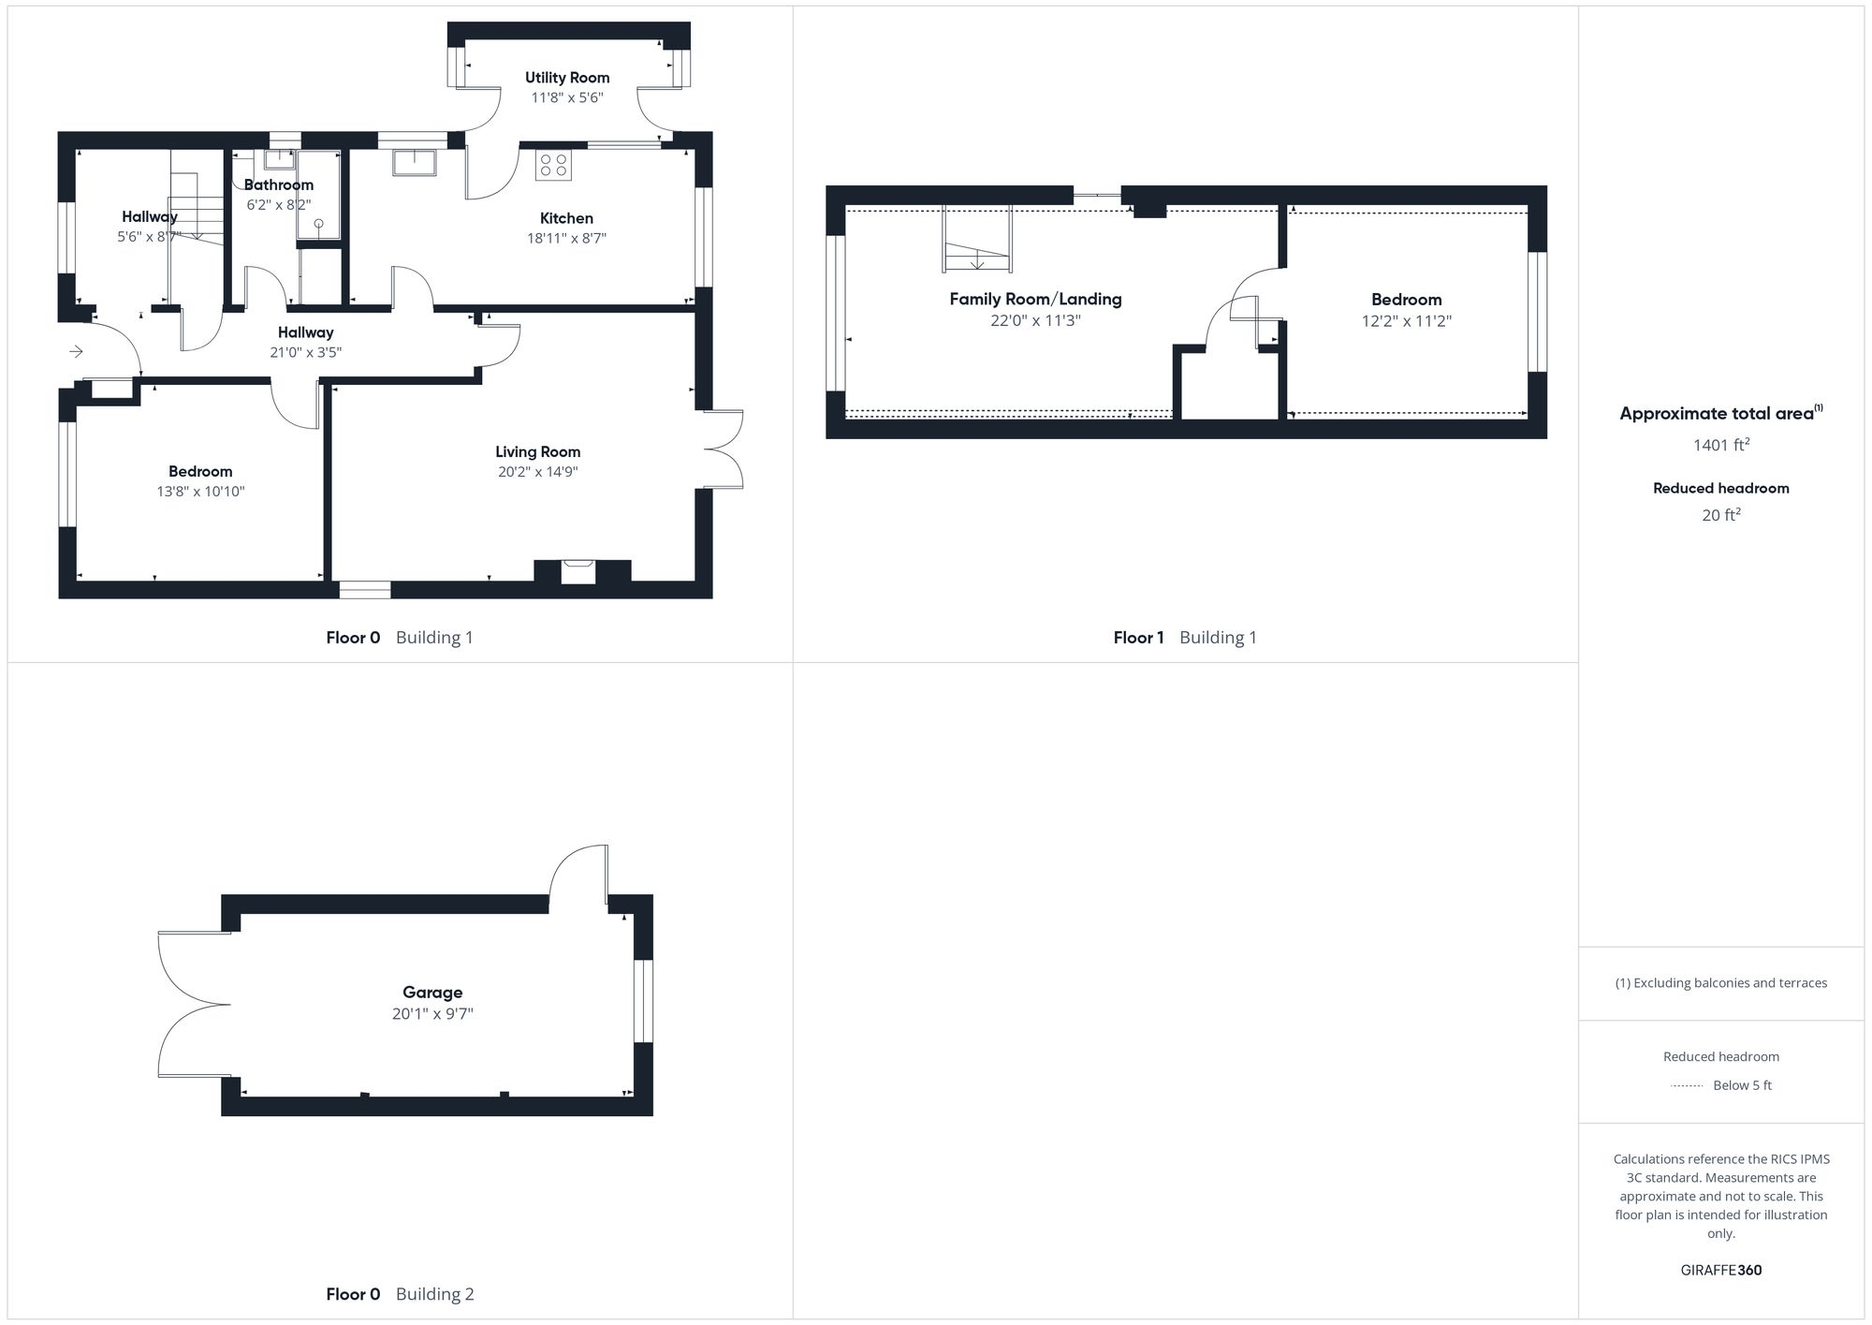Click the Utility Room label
tap(567, 78)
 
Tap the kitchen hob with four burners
tap(553, 166)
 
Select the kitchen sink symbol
tap(414, 162)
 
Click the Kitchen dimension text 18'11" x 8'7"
tap(566, 239)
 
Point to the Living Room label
tap(537, 451)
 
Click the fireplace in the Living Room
tap(578, 570)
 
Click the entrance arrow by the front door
tap(77, 351)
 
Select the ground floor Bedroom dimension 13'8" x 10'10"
tap(200, 492)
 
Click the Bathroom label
tap(278, 184)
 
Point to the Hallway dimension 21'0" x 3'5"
tap(305, 353)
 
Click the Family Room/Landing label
tap(1035, 299)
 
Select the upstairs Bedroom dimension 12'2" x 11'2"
tap(1406, 321)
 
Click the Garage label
tap(432, 992)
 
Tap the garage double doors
tap(192, 1005)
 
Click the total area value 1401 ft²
tap(1720, 445)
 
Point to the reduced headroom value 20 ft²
tap(1720, 515)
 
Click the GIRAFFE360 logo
tap(1720, 1270)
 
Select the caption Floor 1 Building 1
tap(1184, 638)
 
